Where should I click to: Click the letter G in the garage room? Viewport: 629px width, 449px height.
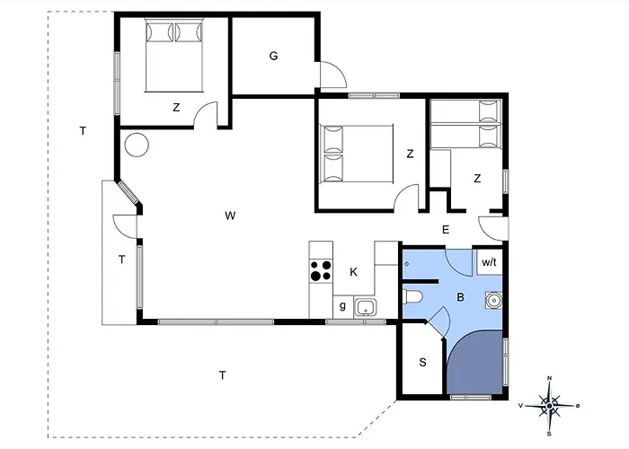tap(273, 56)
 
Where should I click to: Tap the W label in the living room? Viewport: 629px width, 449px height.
tap(230, 216)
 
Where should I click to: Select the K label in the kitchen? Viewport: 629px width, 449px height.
tap(353, 272)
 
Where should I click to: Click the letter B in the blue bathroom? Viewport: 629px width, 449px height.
tap(460, 297)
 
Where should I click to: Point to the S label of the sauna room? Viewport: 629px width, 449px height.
tap(423, 363)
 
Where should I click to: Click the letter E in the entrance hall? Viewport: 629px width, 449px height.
tap(446, 230)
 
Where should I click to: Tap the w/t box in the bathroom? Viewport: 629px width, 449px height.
tap(490, 262)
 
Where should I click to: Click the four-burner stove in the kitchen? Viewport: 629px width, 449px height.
tap(321, 270)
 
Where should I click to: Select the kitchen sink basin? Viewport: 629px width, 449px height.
tap(365, 308)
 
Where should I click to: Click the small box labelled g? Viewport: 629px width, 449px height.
tap(343, 307)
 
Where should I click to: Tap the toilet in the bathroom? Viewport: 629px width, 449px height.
tap(412, 297)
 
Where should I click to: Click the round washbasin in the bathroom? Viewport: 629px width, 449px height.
tap(493, 300)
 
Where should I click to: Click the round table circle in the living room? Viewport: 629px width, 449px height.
tap(137, 145)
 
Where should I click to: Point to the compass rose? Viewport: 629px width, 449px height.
tap(550, 406)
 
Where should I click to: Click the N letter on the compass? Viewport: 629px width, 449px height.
tap(550, 378)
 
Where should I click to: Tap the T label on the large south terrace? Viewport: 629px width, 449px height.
tap(222, 375)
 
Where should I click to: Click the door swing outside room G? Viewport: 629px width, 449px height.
tap(333, 75)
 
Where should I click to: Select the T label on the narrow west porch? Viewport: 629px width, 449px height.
tap(122, 260)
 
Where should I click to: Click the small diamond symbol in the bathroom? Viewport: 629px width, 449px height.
tap(407, 264)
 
